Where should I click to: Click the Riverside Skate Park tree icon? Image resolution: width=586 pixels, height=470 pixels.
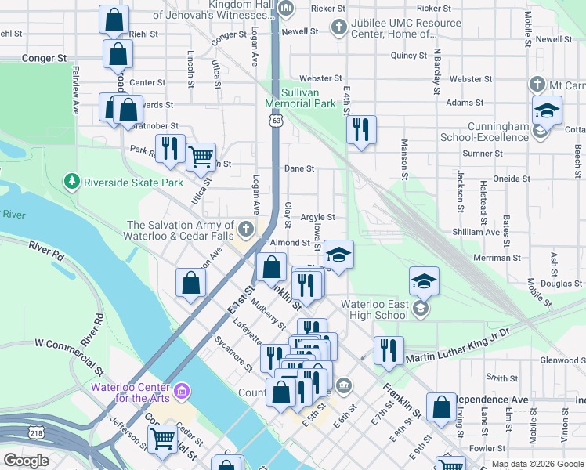(73, 182)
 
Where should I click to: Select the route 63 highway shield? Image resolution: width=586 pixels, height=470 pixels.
(276, 121)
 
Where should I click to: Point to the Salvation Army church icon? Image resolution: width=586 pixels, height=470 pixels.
(246, 229)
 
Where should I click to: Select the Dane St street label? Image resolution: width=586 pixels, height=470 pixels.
(299, 168)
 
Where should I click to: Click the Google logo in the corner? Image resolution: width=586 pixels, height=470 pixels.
(26, 461)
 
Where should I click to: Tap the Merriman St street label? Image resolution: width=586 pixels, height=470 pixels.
(497, 257)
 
